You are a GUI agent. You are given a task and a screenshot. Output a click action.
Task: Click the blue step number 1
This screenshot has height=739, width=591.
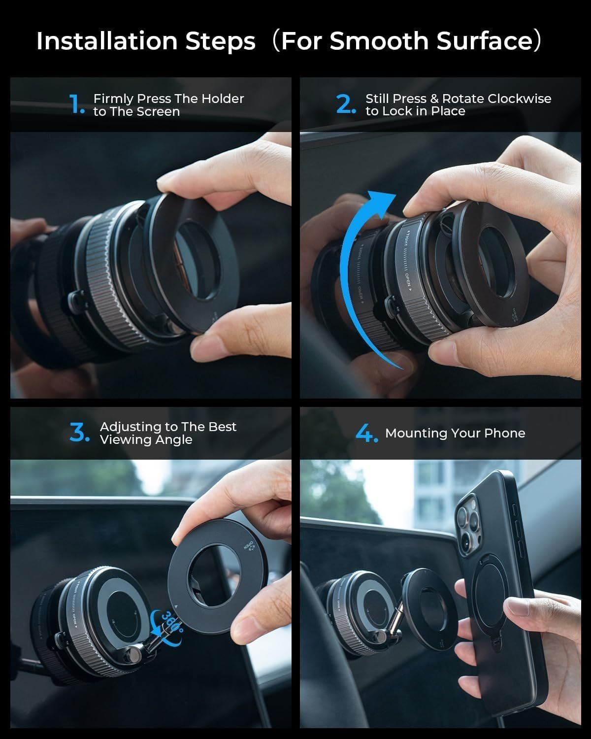pyautogui.click(x=77, y=104)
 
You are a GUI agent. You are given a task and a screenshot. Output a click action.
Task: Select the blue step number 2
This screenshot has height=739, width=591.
pyautogui.click(x=345, y=104)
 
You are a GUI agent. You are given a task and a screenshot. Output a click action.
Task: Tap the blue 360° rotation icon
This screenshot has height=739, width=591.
pyautogui.click(x=167, y=623)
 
